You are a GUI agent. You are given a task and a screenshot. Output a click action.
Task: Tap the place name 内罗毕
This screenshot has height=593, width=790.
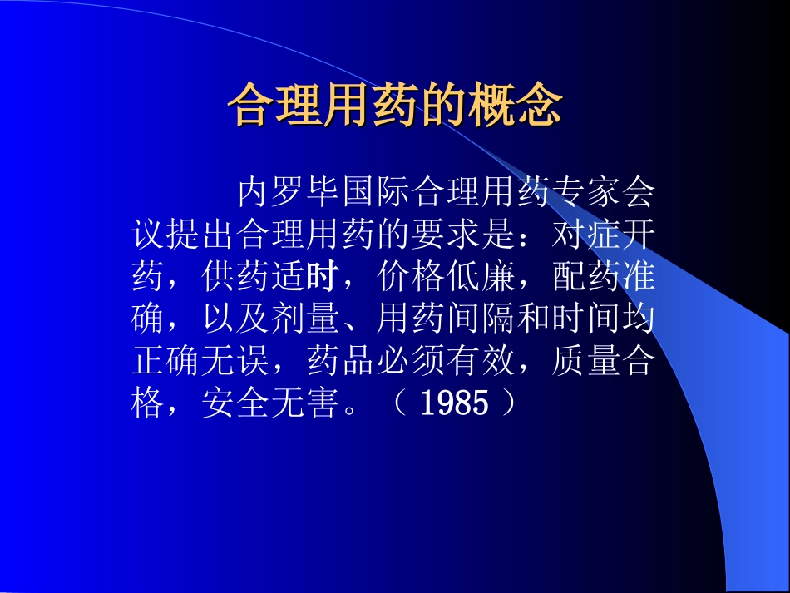289,193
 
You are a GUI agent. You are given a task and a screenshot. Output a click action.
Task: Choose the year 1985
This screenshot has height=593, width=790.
454,405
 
